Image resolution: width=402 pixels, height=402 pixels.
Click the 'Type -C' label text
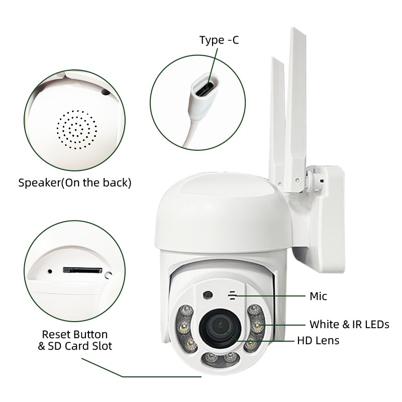point(219,40)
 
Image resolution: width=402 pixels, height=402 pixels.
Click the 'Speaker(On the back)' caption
point(75,182)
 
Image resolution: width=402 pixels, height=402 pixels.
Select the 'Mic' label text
point(318,296)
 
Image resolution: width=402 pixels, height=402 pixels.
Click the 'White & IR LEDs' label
point(349,324)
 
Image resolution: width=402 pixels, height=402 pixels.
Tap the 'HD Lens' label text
point(318,341)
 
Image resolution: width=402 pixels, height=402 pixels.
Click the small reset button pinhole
point(50,271)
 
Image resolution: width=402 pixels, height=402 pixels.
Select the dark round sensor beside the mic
point(208,294)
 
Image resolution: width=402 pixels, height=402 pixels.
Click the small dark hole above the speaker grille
point(105,92)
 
